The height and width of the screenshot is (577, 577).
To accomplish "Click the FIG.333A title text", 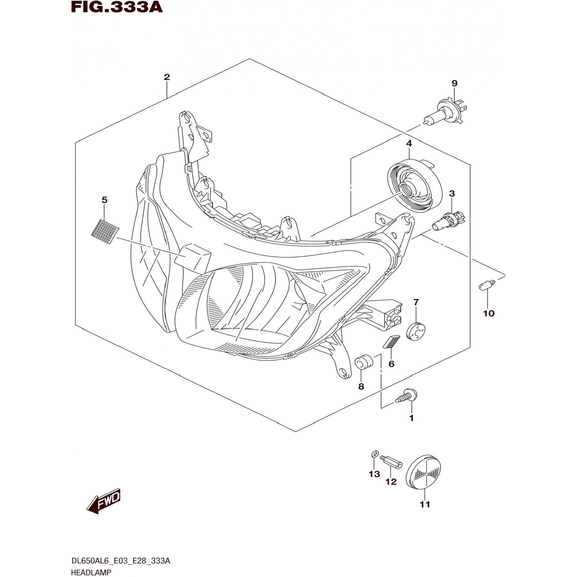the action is coord(117,7).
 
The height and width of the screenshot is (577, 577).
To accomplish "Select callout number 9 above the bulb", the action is coord(454,83).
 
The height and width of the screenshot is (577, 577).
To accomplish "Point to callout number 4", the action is coord(409,143).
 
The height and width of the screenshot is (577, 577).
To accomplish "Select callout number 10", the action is coord(489,314).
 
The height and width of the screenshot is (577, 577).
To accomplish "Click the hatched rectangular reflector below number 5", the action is coord(105,232).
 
